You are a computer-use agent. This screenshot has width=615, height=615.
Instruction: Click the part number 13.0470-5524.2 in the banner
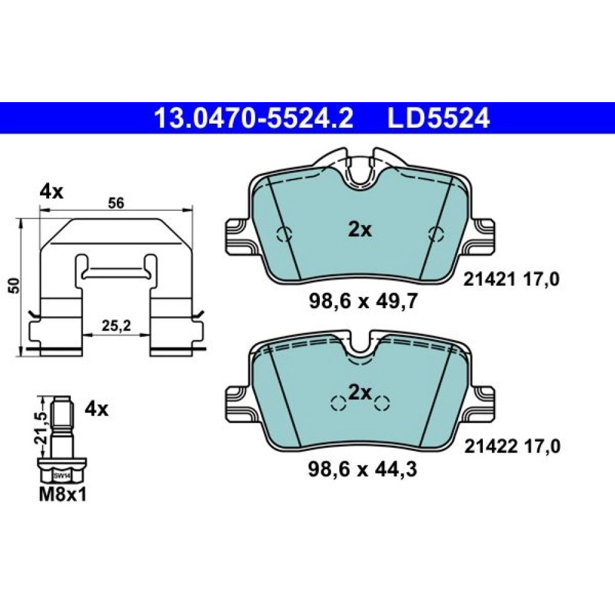pos(254,118)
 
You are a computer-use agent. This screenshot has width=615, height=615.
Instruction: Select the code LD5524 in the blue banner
pos(438,118)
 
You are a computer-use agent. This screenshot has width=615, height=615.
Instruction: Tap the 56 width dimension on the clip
pos(116,203)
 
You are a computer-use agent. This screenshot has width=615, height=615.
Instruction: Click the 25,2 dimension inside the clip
pos(116,325)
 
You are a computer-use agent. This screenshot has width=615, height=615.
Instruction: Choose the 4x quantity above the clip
pos(52,192)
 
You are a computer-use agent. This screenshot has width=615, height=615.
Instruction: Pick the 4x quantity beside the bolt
pos(97,410)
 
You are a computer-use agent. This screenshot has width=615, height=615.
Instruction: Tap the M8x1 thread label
pos(62,496)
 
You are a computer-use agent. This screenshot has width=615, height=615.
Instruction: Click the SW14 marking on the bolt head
pos(61,476)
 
